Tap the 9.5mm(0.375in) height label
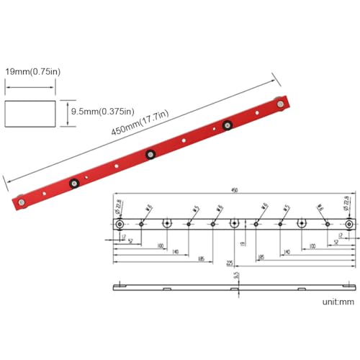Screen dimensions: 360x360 click(x=99, y=111)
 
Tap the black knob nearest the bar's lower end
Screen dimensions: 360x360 click(x=73, y=183)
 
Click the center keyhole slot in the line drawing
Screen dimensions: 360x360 click(x=235, y=224)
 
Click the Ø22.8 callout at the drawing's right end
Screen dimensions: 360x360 click(x=349, y=205)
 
